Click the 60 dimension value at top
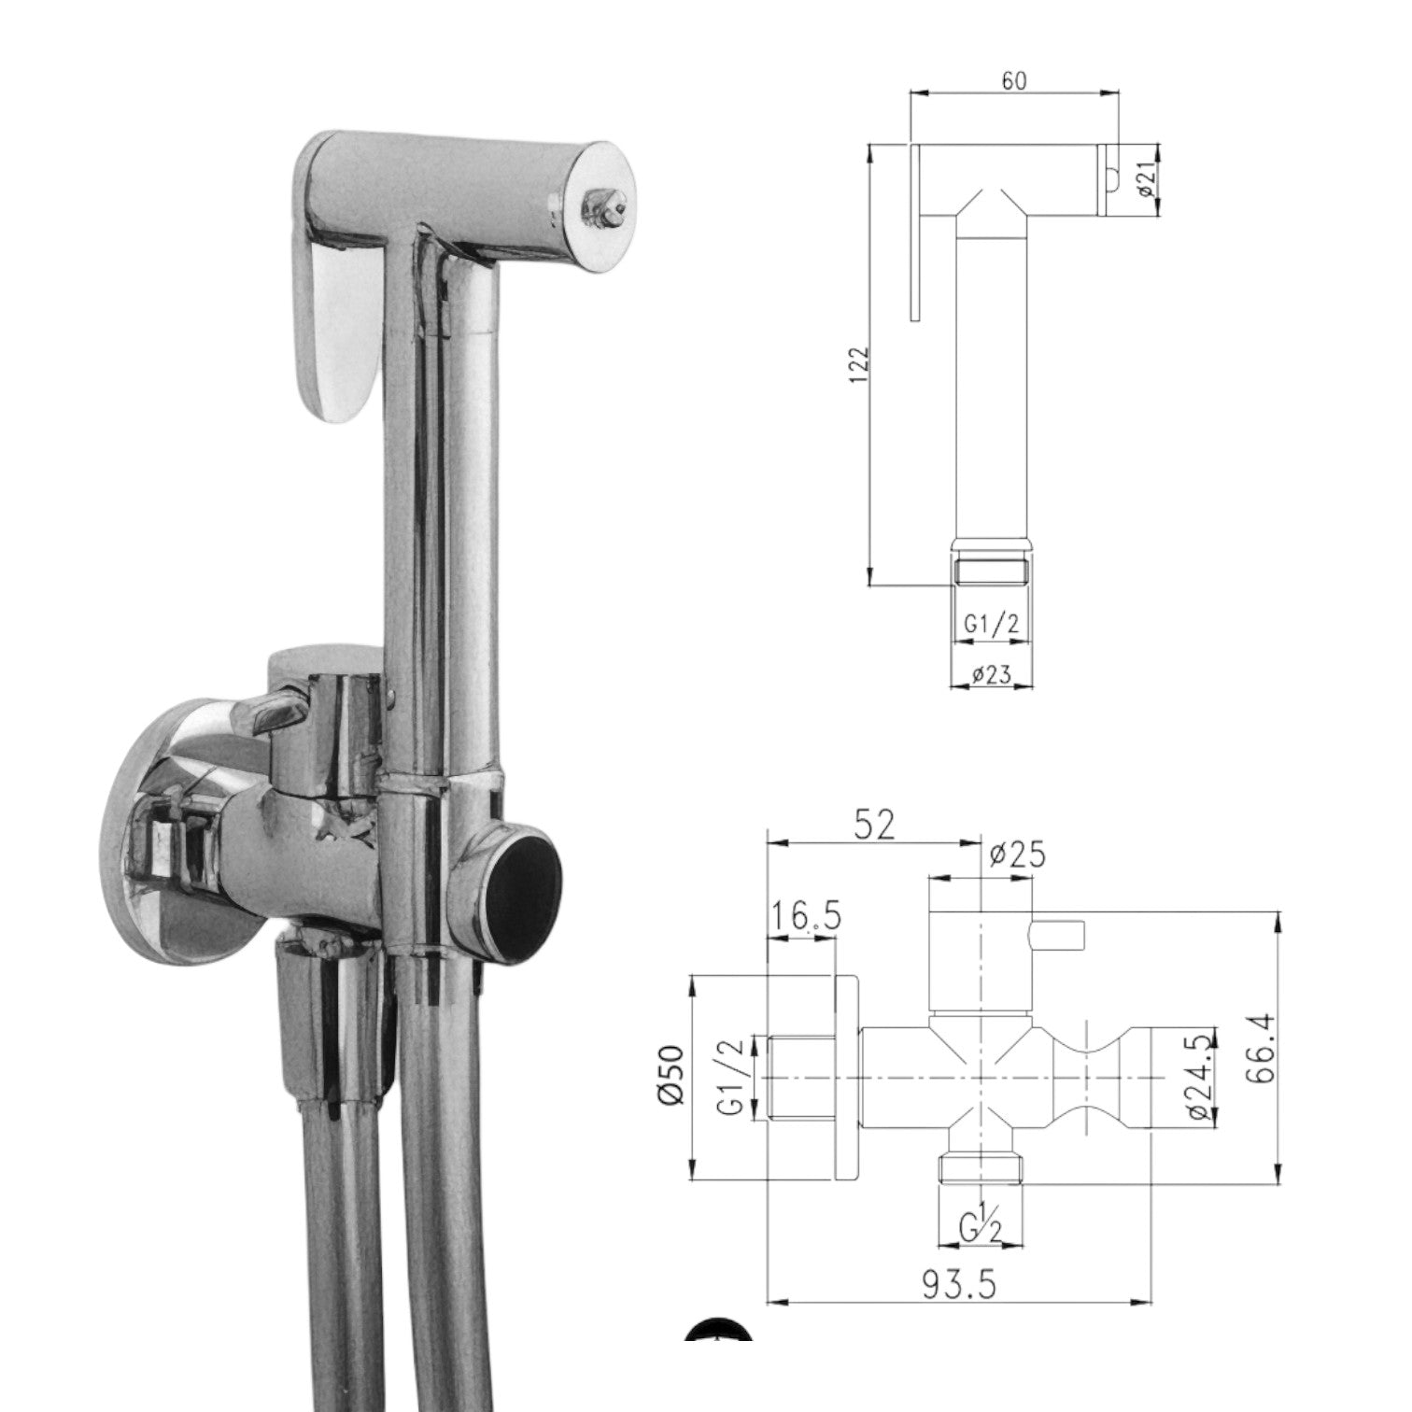[1013, 81]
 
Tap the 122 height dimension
[860, 364]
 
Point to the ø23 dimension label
[991, 674]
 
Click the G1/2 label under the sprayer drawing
[991, 627]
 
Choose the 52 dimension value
[873, 824]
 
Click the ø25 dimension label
[1016, 855]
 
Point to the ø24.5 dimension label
[1203, 1077]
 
